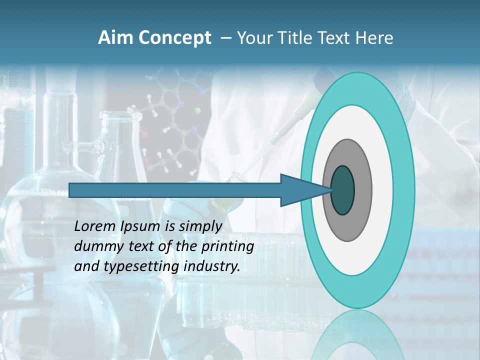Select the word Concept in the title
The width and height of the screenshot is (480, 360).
175,38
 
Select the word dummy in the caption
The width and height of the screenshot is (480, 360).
95,246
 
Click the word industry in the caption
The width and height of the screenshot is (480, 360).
212,266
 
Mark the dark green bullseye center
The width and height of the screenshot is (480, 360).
343,190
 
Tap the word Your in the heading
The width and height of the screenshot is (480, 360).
256,38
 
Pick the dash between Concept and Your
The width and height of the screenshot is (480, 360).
225,38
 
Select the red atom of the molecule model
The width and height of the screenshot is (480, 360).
145,134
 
